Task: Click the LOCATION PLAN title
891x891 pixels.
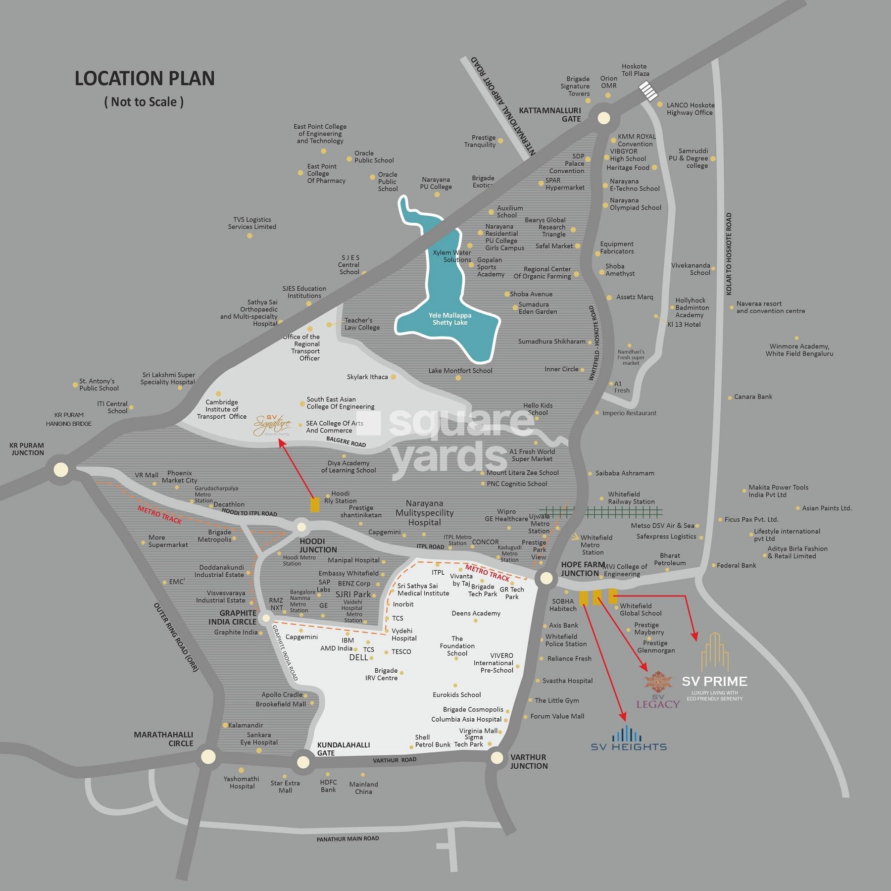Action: tap(145, 79)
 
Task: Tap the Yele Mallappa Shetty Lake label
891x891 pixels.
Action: tap(450, 319)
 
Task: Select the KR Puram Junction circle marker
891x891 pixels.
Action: tap(61, 469)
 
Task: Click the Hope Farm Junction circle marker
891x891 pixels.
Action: tap(546, 578)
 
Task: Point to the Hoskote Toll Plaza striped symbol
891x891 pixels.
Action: tap(647, 91)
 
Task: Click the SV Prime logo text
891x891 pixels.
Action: tap(714, 682)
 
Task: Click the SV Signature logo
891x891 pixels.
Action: tap(272, 425)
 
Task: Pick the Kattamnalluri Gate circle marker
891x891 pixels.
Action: tap(603, 118)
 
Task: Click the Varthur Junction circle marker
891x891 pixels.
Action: tap(496, 757)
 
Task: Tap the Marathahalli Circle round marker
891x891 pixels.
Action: tap(208, 756)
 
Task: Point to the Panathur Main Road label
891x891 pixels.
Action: tap(347, 839)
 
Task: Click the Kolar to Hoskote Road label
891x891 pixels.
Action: tap(729, 254)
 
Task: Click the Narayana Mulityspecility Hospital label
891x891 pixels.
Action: tap(424, 513)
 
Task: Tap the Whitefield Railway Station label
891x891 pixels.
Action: tap(631, 498)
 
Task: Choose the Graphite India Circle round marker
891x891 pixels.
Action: tap(266, 618)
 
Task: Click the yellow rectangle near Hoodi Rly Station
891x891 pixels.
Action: tap(314, 504)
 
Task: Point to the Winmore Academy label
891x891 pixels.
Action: tap(799, 350)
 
